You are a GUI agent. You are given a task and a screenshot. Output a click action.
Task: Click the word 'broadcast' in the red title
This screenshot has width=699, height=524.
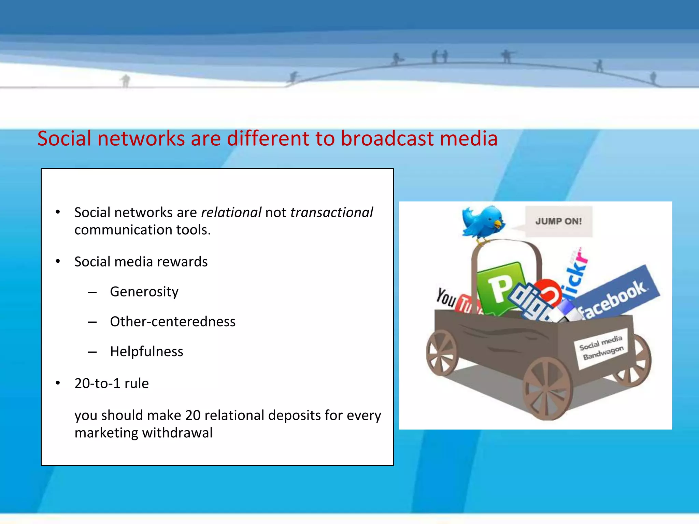387,139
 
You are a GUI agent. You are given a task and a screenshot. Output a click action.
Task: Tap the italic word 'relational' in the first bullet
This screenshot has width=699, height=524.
231,213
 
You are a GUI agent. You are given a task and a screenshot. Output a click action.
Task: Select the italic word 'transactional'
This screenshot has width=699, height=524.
331,213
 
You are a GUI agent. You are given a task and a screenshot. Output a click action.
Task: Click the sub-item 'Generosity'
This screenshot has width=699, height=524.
144,292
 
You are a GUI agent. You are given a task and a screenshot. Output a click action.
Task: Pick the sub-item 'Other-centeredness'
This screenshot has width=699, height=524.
173,322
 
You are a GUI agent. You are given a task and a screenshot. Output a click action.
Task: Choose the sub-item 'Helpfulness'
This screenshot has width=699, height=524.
146,352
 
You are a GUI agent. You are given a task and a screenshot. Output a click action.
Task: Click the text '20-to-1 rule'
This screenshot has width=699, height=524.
112,383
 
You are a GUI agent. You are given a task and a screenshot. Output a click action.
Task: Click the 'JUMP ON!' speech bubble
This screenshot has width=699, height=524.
558,221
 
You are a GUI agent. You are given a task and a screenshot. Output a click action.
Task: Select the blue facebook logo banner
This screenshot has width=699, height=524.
616,293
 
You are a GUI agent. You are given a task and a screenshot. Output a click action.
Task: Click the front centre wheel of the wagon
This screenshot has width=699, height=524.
547,389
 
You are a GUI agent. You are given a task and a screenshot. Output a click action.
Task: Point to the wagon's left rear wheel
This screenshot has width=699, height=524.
442,352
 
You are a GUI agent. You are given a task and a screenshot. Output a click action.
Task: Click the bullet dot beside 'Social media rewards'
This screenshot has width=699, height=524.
58,262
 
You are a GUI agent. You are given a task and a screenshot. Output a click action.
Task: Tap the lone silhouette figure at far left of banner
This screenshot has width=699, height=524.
126,81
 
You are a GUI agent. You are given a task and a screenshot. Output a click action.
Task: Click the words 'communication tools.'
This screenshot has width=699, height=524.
143,230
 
